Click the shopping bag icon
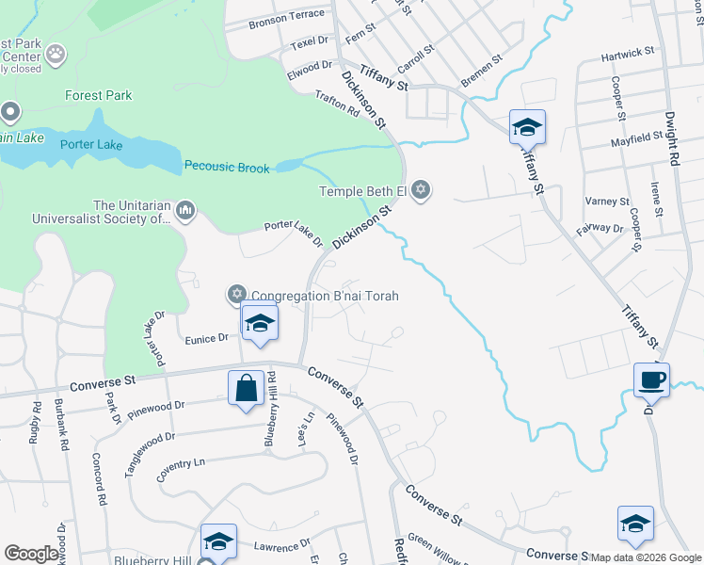[246, 388]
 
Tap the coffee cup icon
[651, 380]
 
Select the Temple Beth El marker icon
[421, 191]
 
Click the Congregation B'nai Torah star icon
[236, 296]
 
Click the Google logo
[33, 554]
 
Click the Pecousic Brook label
[227, 168]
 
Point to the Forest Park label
[99, 95]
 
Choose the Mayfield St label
[635, 139]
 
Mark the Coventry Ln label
[181, 463]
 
